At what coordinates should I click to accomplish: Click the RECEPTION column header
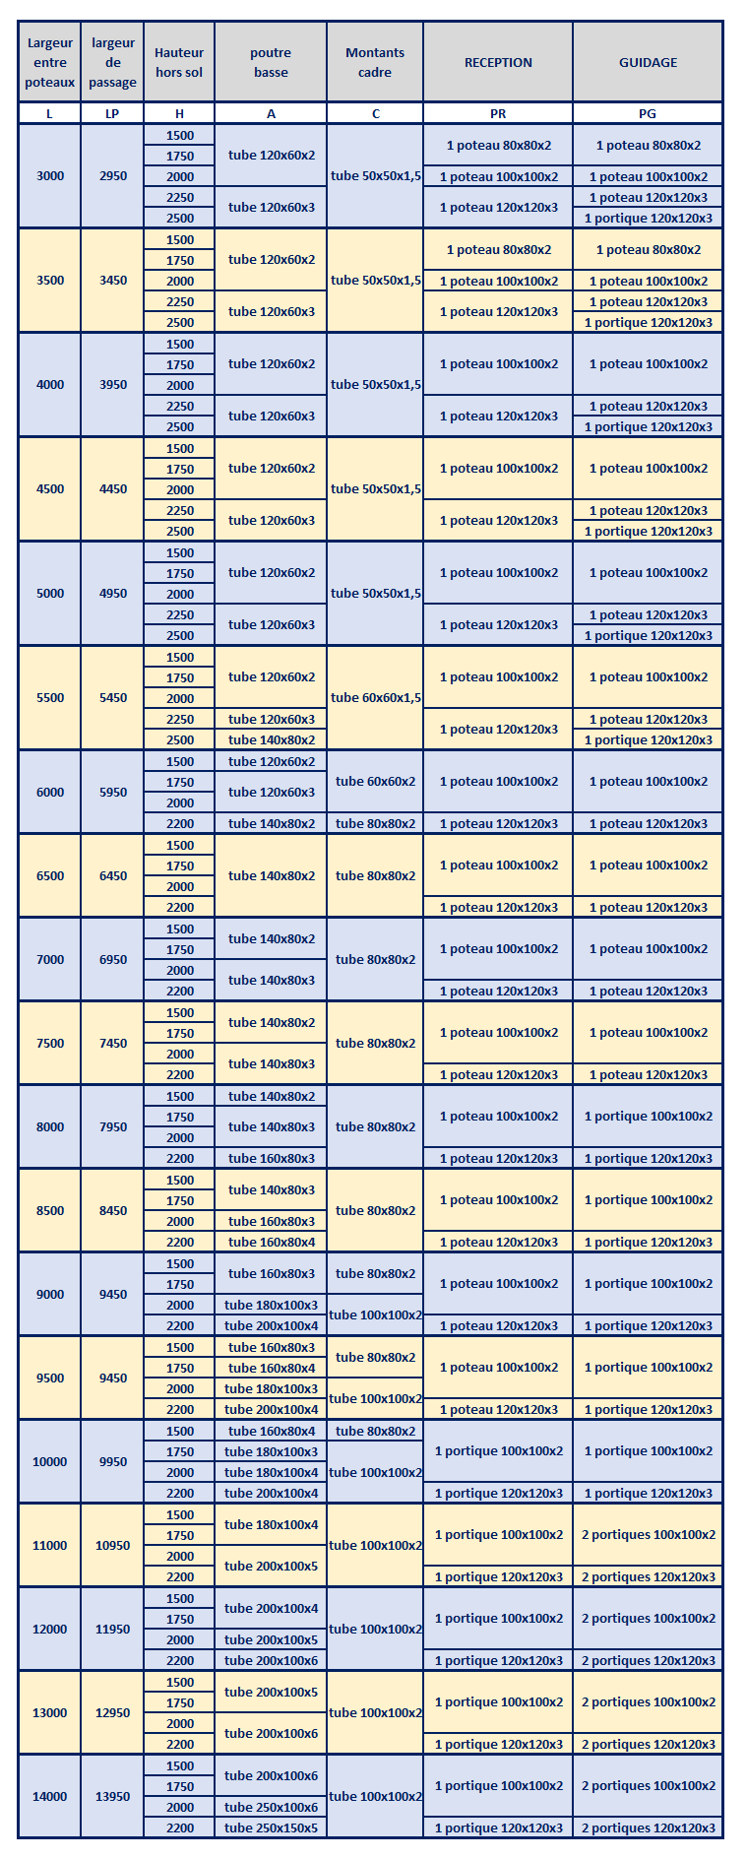pos(498,62)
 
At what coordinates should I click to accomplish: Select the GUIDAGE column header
pos(648,62)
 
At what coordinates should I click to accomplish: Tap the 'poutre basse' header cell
pos(271,62)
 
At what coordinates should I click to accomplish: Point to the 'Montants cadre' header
pos(375,62)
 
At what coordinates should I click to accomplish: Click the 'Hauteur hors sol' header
pos(179,62)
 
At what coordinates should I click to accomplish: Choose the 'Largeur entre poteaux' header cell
pos(50,62)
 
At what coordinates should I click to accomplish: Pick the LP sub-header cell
pos(112,113)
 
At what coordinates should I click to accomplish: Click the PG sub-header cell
pos(648,113)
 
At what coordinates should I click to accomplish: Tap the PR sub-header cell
pos(498,113)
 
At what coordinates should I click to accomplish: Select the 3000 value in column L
pos(50,176)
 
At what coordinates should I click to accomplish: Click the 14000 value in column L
pos(50,1796)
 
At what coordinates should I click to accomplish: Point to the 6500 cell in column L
pos(50,875)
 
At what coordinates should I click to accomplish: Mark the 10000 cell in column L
pos(50,1461)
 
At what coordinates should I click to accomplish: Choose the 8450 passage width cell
pos(113,1210)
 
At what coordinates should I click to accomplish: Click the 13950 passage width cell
pos(113,1796)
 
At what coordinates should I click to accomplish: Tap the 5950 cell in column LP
pos(113,792)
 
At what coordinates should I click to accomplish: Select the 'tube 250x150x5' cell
pos(271,1827)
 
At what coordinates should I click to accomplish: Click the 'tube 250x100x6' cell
pos(271,1807)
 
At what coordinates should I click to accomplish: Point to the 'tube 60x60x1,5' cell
pos(376,697)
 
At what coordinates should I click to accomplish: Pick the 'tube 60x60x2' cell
pos(376,781)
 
